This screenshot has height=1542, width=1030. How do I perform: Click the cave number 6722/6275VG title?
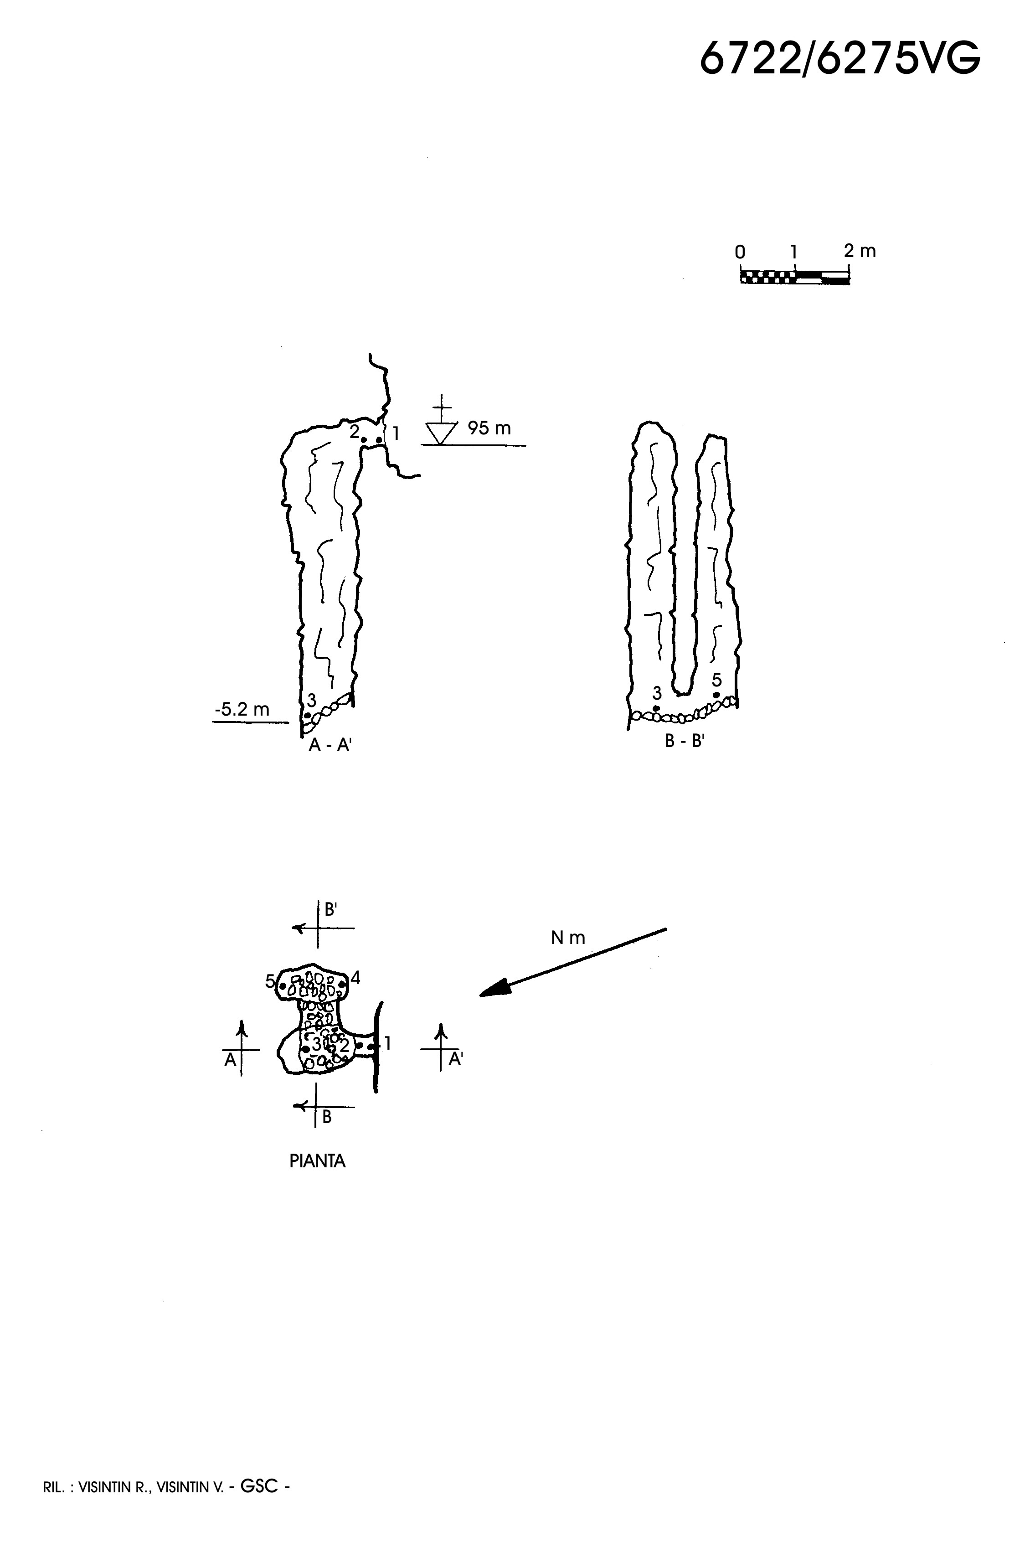click(839, 58)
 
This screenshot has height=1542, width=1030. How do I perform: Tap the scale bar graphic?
click(795, 275)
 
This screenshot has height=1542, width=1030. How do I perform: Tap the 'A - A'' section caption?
click(330, 745)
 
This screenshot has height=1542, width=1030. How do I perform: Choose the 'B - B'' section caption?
click(685, 741)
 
